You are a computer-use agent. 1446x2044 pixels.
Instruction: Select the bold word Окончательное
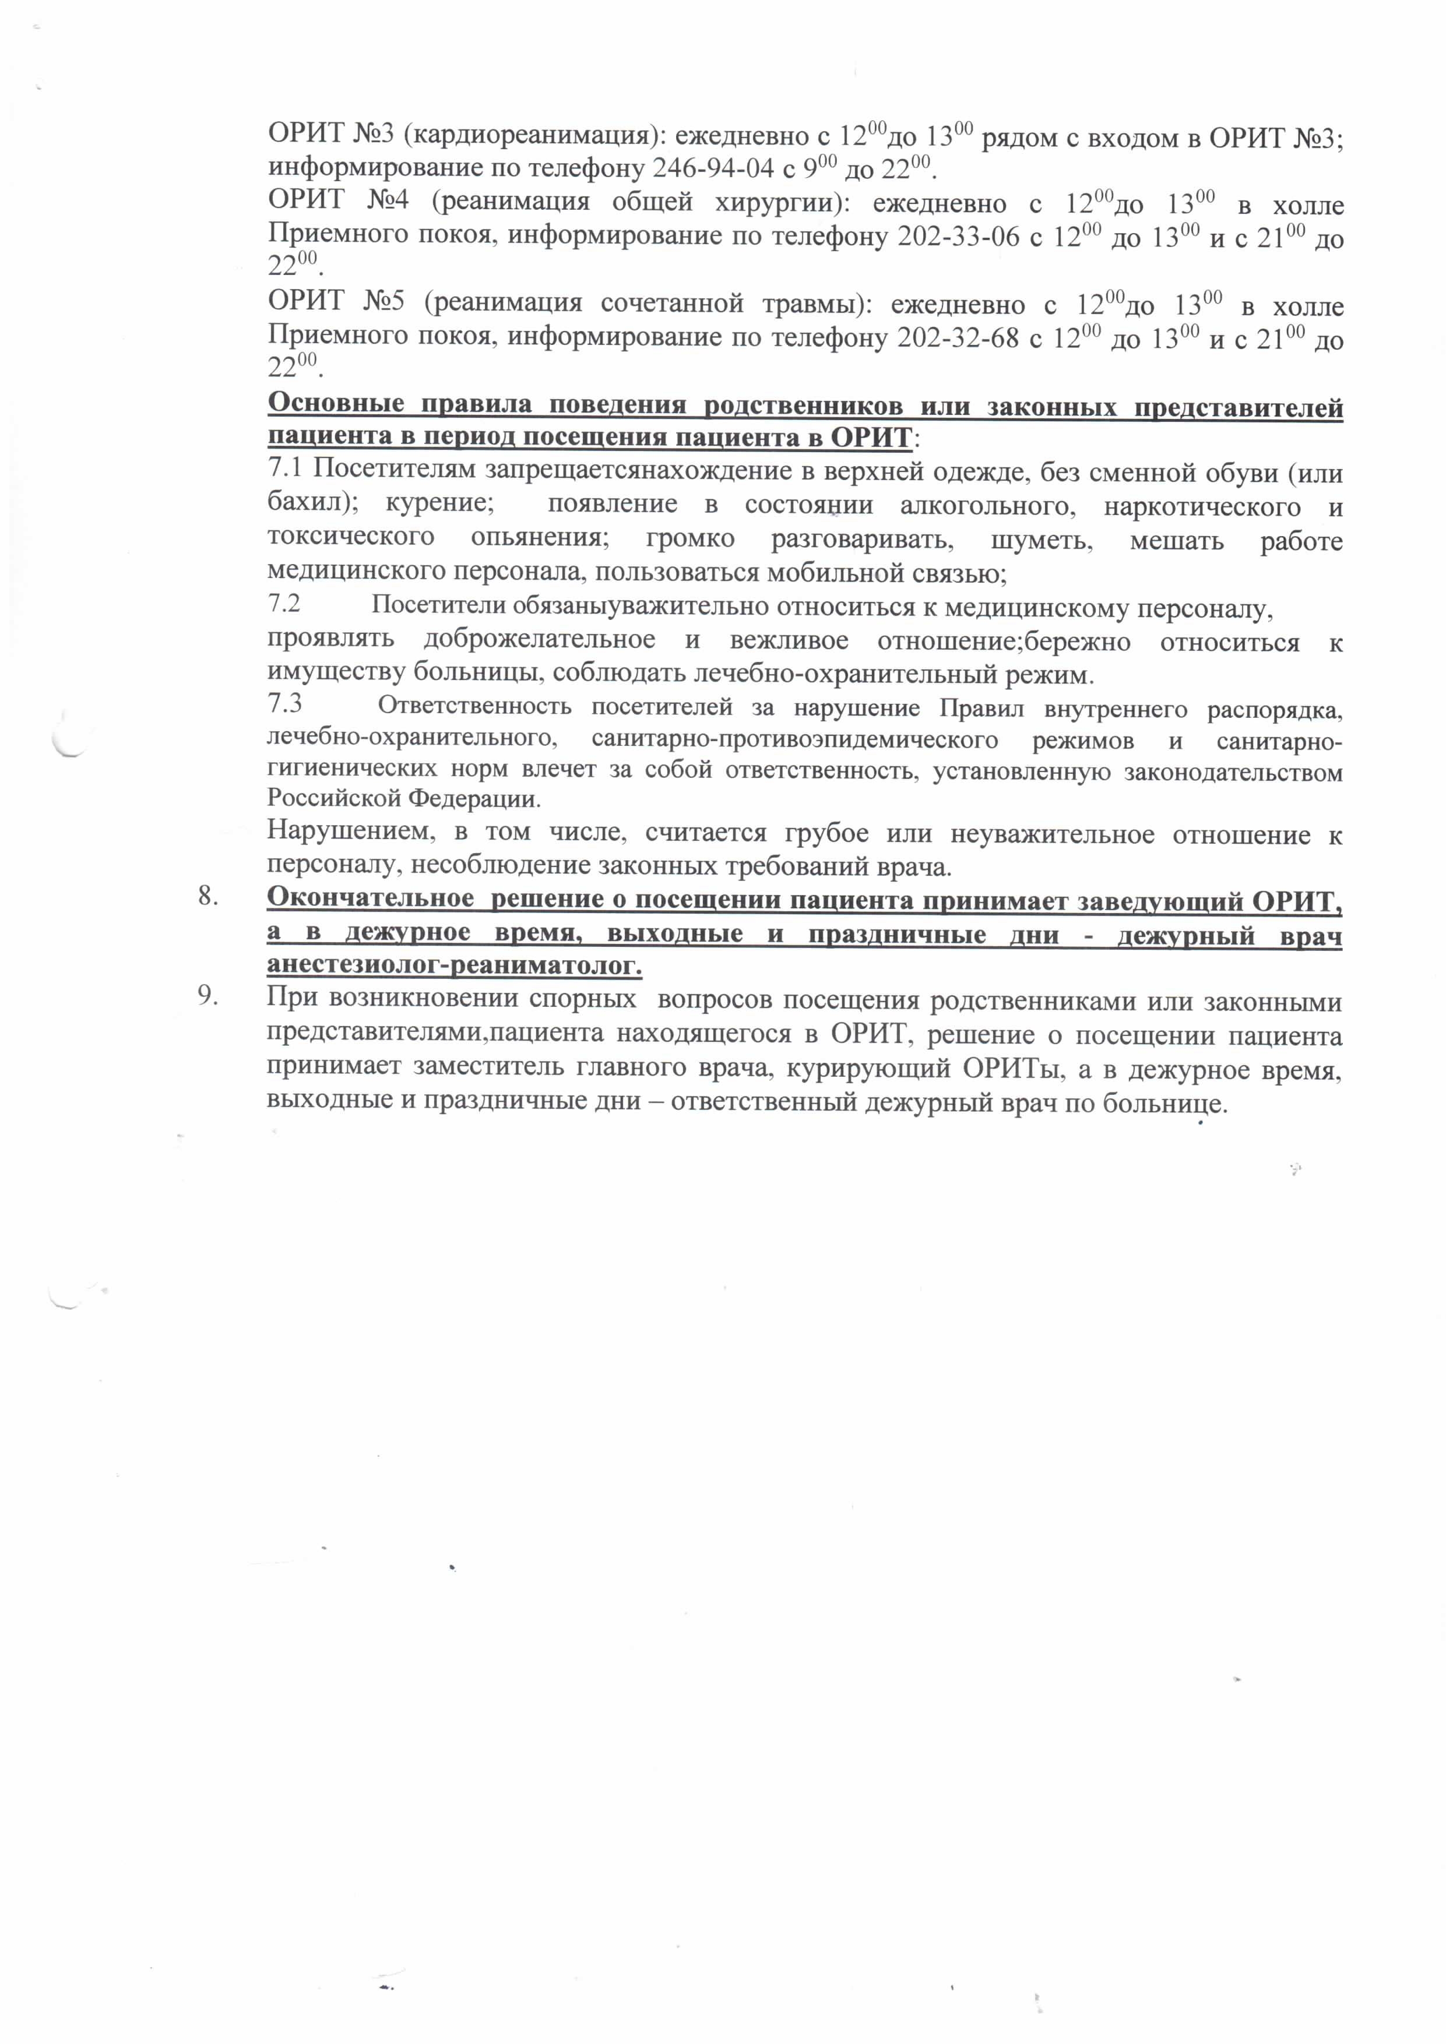click(370, 898)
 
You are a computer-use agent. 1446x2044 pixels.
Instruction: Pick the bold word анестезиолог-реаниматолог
click(453, 965)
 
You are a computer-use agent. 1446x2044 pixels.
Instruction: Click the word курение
click(440, 502)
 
